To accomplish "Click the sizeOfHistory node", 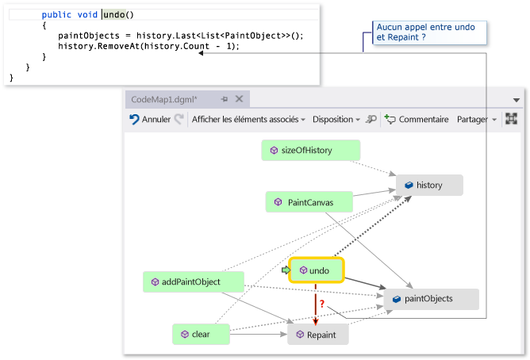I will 310,150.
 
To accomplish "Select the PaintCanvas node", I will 309,203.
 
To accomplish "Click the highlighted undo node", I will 317,270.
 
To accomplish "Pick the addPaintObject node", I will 194,281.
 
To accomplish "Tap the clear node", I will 201,335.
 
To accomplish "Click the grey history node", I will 428,186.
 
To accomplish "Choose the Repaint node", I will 317,335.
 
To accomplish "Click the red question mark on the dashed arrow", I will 321,303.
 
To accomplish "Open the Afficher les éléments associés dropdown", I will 248,119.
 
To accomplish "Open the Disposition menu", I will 336,119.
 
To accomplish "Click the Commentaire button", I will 417,119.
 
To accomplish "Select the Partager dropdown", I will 476,119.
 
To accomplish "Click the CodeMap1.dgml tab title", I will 163,98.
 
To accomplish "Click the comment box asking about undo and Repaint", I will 429,33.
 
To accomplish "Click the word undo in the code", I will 113,15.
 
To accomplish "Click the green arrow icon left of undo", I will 286,270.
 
